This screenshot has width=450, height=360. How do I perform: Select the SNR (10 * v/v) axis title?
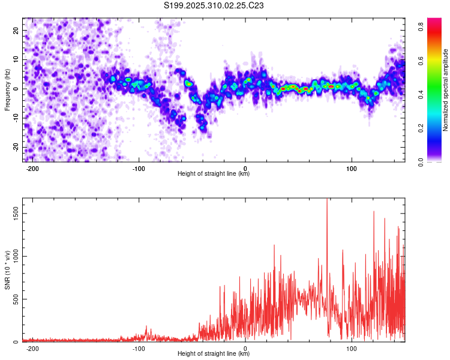pos(7,270)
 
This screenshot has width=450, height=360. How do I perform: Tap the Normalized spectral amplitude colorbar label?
pos(446,90)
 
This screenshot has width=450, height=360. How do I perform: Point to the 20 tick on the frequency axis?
pos(16,30)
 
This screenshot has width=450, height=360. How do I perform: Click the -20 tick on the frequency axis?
pos(14,148)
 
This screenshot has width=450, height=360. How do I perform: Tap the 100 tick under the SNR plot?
pos(352,348)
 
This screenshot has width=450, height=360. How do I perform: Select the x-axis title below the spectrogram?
pos(214,174)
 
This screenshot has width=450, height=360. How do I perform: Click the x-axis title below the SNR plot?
pos(214,354)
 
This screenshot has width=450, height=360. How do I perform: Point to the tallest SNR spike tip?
pos(327,199)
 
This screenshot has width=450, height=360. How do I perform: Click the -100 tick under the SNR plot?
pos(139,348)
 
